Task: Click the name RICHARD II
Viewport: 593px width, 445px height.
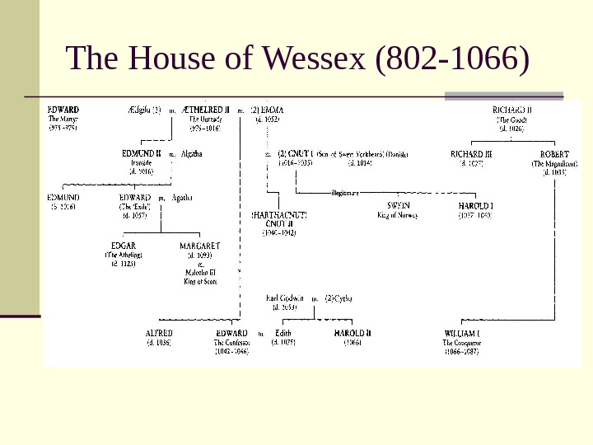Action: [511, 109]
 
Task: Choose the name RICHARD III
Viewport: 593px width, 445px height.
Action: [472, 153]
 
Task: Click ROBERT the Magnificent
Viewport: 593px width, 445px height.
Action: [553, 153]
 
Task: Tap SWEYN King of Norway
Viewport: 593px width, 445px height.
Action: [398, 205]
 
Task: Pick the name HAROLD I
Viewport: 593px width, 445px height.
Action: [474, 205]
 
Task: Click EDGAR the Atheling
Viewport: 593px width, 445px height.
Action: [124, 246]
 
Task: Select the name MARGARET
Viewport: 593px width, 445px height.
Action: [200, 246]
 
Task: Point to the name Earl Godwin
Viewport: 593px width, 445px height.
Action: [285, 297]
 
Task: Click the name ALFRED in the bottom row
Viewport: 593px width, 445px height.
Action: [158, 333]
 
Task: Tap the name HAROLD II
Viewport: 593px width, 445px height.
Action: [353, 333]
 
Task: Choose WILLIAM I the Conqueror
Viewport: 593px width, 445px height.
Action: [462, 333]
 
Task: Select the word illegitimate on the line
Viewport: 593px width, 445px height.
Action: [346, 192]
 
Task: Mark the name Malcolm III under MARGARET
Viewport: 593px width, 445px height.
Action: [200, 273]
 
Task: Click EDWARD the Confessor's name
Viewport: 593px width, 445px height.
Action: [231, 333]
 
